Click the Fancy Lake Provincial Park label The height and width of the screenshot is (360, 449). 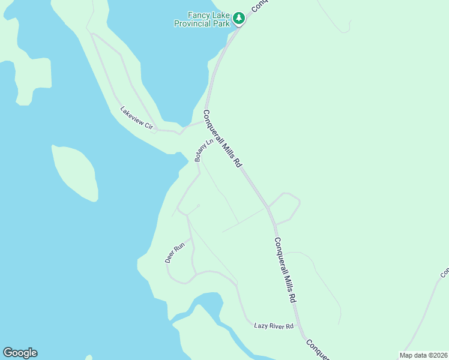click(202, 19)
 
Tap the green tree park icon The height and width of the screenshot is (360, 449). click(239, 19)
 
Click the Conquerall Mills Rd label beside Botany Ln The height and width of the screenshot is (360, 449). click(221, 138)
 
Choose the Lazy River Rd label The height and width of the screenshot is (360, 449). click(273, 326)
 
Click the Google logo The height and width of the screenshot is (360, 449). click(20, 353)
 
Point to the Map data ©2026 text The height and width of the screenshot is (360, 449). click(423, 355)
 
